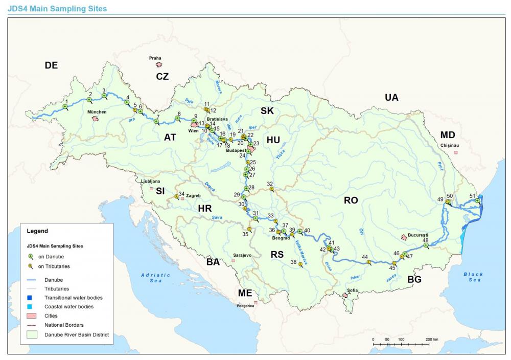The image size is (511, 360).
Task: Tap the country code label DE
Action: click(x=51, y=65)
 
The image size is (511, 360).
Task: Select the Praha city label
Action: click(x=155, y=58)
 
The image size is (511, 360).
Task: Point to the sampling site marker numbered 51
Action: click(x=477, y=201)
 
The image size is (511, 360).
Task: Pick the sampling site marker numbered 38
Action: click(x=300, y=264)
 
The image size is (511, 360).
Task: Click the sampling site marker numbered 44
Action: click(x=368, y=262)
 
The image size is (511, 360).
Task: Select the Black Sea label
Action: click(x=473, y=277)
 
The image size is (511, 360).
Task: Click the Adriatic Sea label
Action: click(x=152, y=278)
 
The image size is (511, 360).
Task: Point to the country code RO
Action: click(x=351, y=200)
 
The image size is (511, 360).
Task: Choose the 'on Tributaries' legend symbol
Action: click(x=31, y=266)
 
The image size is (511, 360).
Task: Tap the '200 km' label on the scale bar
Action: click(x=432, y=339)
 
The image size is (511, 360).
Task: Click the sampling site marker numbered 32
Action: click(x=271, y=189)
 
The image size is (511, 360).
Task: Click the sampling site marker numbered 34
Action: click(x=176, y=196)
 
